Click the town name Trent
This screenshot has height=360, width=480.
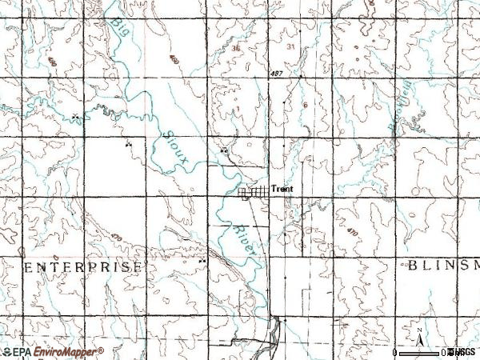[282, 190]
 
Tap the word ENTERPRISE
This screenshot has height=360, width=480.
[84, 266]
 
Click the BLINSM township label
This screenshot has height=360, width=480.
[442, 266]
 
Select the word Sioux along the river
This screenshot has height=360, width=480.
[177, 147]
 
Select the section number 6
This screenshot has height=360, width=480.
[306, 105]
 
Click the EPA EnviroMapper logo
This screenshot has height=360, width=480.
[53, 352]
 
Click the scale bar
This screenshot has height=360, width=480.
[424, 352]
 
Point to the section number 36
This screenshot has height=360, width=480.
[235, 47]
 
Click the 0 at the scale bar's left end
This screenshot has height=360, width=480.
[395, 352]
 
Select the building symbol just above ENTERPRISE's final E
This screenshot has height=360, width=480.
[202, 260]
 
